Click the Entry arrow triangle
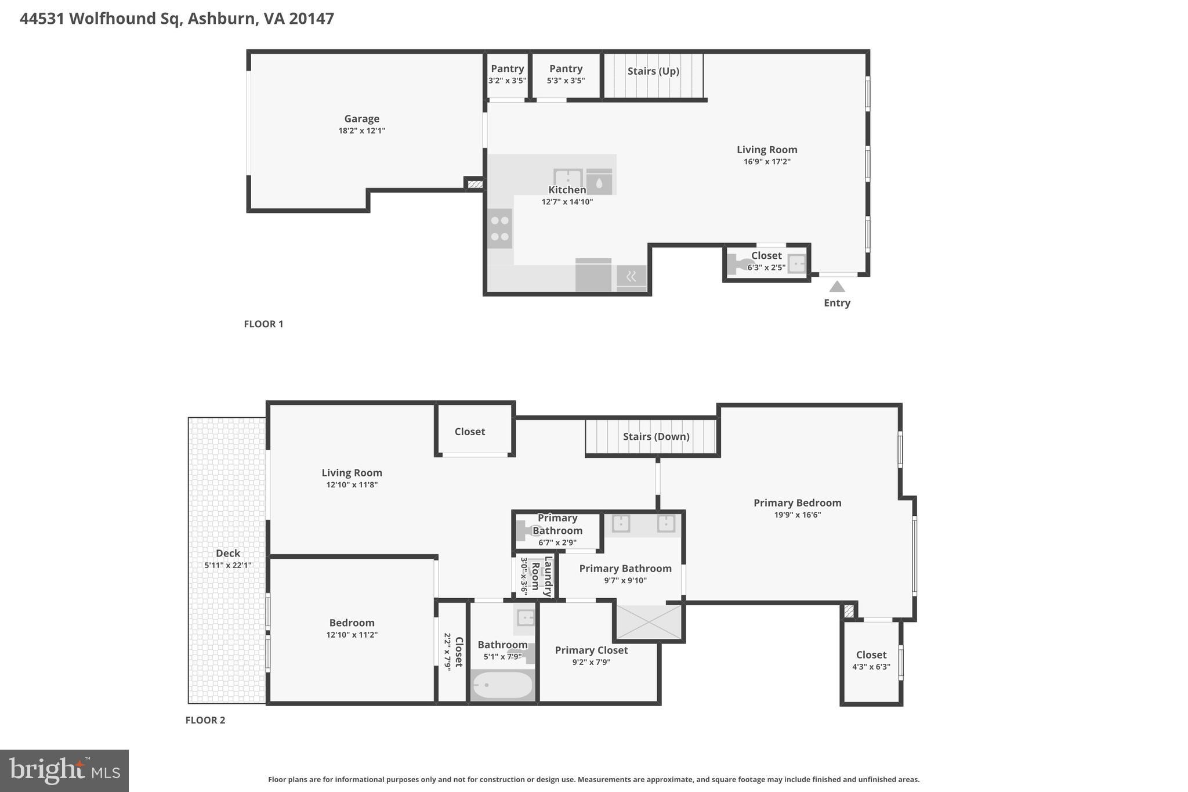pos(836,287)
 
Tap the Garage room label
pos(361,119)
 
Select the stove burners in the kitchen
pos(499,229)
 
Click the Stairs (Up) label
pos(653,71)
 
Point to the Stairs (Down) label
pos(656,436)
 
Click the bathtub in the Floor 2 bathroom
pos(502,685)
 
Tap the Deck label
pos(227,554)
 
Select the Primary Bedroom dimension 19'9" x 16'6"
pos(797,515)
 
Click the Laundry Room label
pos(541,576)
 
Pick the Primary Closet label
pos(591,650)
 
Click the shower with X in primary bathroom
pos(649,622)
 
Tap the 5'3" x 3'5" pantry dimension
pos(566,81)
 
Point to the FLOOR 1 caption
pos(263,324)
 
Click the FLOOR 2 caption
pos(205,720)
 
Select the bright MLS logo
pos(64,771)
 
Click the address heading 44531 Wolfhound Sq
pos(177,19)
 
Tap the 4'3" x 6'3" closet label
pos(871,667)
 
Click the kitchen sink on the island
pos(567,178)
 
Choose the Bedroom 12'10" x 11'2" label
pos(352,628)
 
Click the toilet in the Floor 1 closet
pos(737,264)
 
